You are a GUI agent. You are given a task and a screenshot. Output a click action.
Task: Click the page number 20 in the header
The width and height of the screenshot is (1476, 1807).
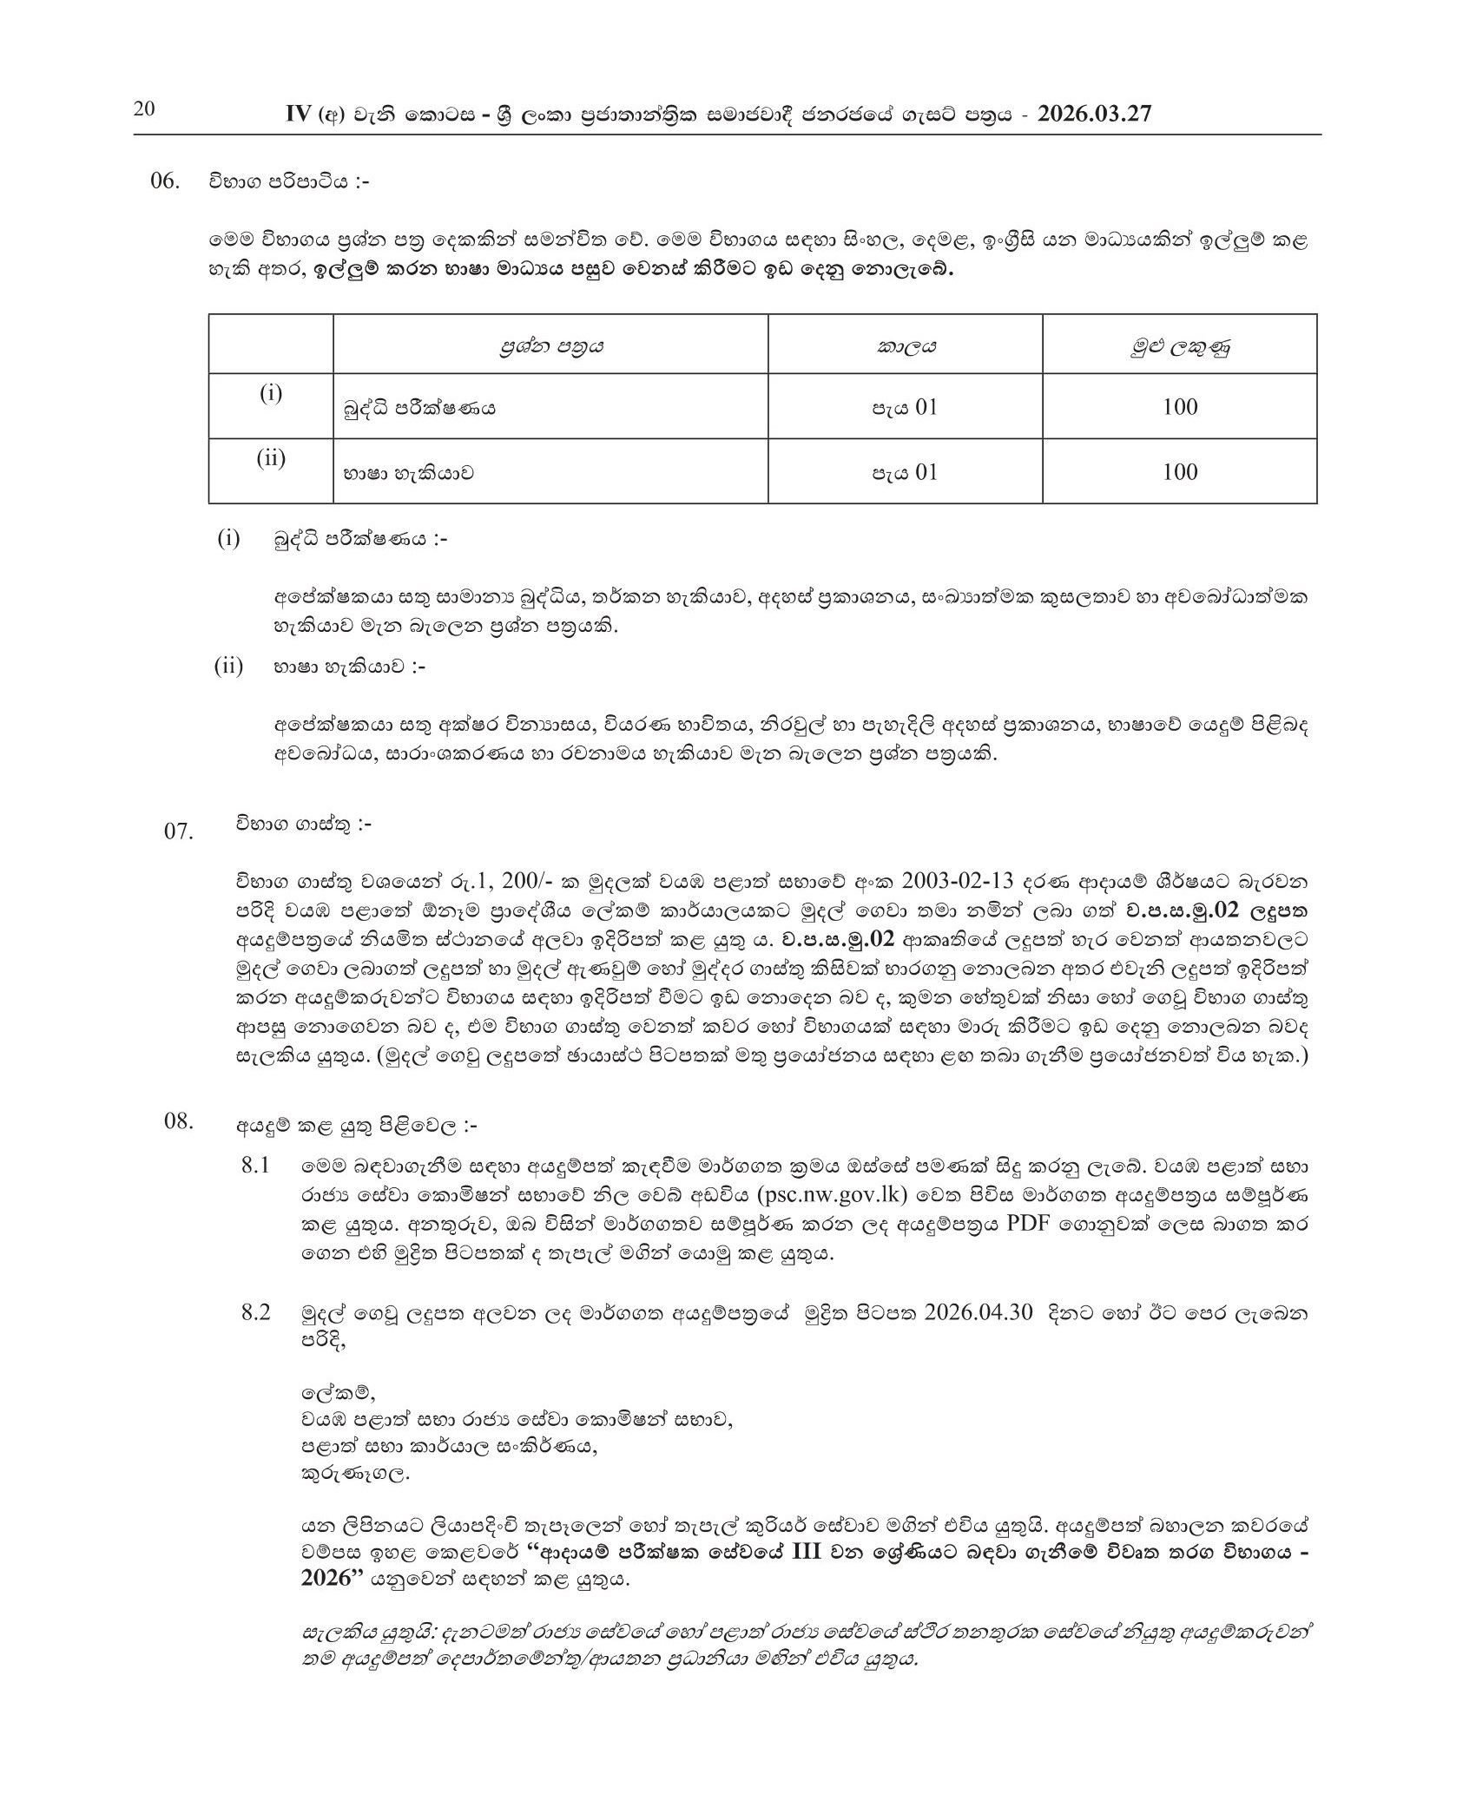tap(144, 110)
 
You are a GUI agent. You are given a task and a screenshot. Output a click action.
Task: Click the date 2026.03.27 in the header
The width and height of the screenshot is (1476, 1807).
tap(1095, 115)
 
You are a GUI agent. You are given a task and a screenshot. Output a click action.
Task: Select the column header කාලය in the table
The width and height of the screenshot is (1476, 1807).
tap(905, 347)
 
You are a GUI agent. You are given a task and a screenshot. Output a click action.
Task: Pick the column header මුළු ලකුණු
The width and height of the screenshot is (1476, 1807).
tap(1179, 348)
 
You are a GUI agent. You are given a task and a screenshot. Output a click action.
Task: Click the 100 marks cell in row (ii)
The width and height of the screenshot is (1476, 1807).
tap(1180, 472)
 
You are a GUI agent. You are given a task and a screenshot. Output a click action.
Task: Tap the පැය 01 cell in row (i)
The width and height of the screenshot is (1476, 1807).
tap(905, 407)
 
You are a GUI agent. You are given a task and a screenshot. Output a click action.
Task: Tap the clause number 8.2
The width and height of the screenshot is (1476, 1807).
tap(257, 1312)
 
